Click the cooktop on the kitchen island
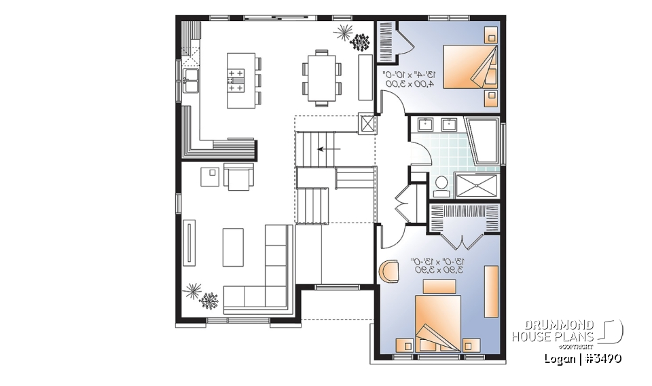236,80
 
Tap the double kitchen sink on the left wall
191,80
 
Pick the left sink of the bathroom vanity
426,124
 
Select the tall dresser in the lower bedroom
490,291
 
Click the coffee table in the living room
233,247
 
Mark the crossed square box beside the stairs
367,124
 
